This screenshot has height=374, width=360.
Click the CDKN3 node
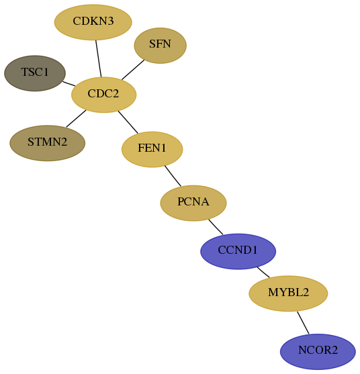tap(93, 22)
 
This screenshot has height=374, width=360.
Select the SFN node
tap(161, 46)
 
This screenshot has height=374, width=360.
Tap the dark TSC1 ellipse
tap(35, 73)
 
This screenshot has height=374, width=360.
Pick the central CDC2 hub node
tap(104, 95)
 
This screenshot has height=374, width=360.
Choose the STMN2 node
tap(48, 143)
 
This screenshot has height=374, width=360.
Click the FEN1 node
tap(152, 149)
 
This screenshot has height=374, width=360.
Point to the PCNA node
tap(193, 203)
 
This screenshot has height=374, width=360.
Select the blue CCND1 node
tap(238, 251)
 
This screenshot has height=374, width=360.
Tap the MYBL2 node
tap(288, 293)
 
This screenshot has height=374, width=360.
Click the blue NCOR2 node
tap(318, 352)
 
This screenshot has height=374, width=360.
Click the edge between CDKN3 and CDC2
tap(99, 58)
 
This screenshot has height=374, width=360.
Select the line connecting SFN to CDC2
tap(133, 70)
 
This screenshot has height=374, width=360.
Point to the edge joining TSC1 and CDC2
tap(69, 83)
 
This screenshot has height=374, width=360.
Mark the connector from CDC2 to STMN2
tap(76, 119)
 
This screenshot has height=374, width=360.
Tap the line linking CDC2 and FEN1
tap(128, 122)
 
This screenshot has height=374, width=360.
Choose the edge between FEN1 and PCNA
tap(173, 176)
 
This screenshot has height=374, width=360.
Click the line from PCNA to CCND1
tap(216, 227)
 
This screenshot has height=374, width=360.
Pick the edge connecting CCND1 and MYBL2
tap(263, 272)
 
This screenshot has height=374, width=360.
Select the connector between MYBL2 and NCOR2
tap(303, 323)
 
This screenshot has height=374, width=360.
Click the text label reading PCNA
tap(193, 202)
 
